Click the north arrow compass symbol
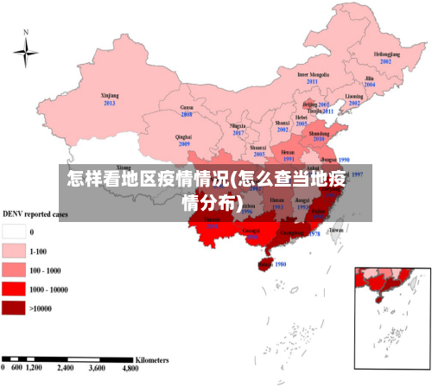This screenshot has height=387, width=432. [26, 53]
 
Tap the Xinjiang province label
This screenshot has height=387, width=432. [110, 96]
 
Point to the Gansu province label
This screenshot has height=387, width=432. [187, 107]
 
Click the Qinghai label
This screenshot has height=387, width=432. [183, 136]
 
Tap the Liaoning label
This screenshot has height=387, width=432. [354, 96]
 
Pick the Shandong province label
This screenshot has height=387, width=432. [319, 134]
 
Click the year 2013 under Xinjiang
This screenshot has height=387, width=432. [110, 104]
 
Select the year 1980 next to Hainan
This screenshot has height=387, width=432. [279, 264]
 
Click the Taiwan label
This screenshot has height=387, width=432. [337, 231]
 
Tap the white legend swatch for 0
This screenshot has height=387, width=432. [14, 232]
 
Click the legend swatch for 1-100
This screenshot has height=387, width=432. [14, 251]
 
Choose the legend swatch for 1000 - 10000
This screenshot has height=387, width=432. [14, 289]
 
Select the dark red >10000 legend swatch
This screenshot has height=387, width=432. [14, 308]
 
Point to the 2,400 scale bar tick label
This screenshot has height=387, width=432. [67, 368]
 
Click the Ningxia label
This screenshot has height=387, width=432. [238, 125]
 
